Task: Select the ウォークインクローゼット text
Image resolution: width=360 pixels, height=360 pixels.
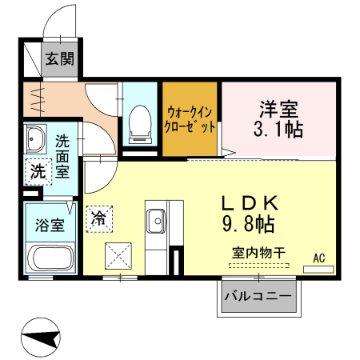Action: point(190,119)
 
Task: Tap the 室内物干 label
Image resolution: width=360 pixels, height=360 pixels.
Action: point(259,252)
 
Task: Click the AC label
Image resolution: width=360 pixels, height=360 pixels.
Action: point(318,257)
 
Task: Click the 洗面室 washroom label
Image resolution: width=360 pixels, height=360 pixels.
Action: point(62,154)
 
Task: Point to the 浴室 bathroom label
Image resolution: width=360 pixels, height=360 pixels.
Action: point(48,225)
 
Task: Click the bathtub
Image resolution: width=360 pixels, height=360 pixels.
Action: point(50,258)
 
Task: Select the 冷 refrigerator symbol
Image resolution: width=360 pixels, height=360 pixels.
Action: point(101,216)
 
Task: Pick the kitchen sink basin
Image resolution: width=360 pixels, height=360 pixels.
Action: point(156,217)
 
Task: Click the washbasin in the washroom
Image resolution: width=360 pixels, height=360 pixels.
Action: point(35,142)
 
